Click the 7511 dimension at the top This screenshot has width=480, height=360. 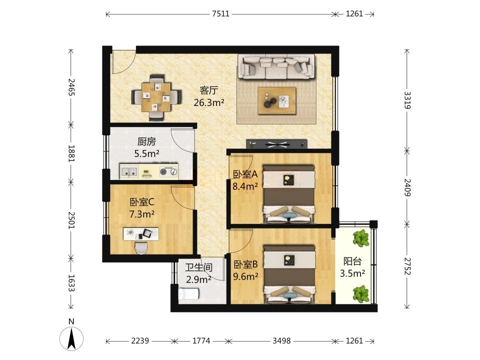tap(220, 14)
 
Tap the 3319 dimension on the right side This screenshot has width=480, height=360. tap(407, 100)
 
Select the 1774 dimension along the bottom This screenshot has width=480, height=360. tap(201, 340)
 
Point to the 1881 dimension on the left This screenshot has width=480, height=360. tap(71, 153)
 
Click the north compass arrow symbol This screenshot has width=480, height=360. tap(71, 338)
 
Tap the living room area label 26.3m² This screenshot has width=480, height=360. tap(209, 102)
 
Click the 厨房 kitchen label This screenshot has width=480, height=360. tap(146, 141)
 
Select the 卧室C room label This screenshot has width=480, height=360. tap(141, 202)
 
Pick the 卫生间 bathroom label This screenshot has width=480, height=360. tap(198, 267)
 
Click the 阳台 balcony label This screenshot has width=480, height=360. tap(352, 261)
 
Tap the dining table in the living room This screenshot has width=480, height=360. tap(156, 97)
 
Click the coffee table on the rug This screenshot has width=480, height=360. tap(277, 100)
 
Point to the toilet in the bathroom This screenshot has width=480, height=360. tap(188, 294)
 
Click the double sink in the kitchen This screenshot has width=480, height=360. tap(129, 171)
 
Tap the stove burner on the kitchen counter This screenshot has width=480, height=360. tap(168, 171)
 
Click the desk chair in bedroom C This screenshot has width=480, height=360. tap(141, 247)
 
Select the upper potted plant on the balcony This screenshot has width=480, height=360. tap(360, 237)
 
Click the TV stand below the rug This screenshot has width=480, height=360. tap(277, 144)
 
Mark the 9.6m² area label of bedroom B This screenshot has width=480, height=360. tap(246, 276)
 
